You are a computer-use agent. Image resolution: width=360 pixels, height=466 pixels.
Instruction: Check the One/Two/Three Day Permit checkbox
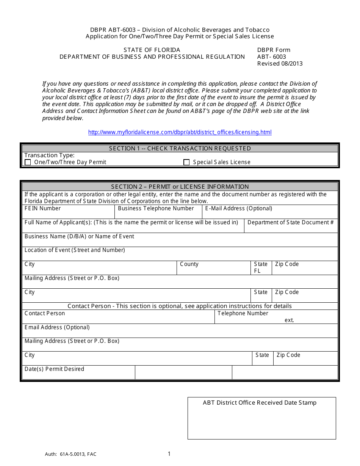[x=28, y=162]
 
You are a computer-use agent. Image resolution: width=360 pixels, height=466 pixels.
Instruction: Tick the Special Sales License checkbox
[x=186, y=162]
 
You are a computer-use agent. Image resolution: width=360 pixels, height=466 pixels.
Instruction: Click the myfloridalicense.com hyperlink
[x=180, y=132]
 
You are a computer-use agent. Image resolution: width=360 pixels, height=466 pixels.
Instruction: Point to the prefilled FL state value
[x=257, y=271]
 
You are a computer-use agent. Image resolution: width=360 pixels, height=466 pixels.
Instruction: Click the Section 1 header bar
[x=180, y=149]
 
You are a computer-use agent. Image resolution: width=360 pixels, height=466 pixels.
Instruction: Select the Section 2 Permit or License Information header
[x=180, y=186]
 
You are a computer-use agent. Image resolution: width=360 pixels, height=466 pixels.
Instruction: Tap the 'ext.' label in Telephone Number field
[x=290, y=320]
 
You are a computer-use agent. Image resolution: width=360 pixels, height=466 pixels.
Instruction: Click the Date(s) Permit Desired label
[x=54, y=369]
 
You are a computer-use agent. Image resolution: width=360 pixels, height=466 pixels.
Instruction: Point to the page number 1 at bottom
[x=169, y=453]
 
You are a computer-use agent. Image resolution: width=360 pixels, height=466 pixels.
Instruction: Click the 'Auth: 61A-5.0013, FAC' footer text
[x=70, y=454]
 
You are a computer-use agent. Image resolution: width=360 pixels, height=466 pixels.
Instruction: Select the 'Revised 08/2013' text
[x=280, y=64]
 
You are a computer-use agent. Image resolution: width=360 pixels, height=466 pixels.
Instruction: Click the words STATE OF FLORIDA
[x=152, y=50]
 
